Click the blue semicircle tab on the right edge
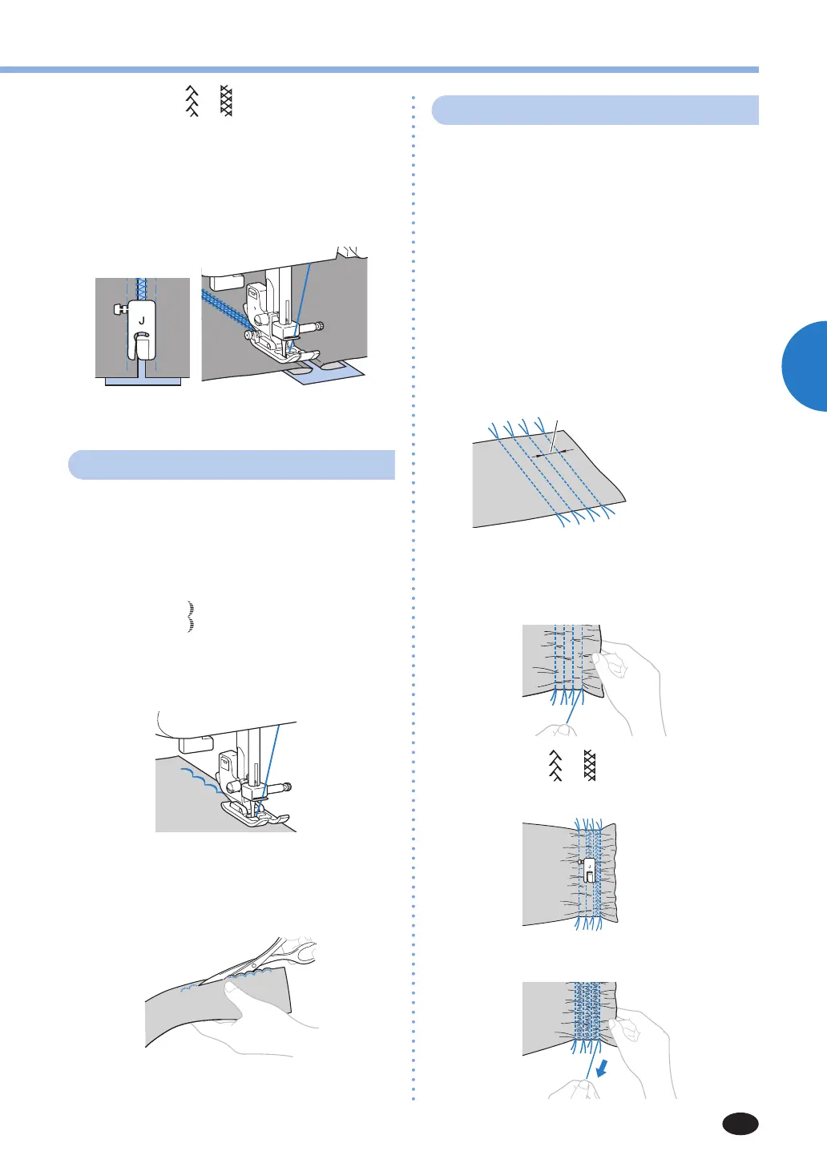tap(805, 366)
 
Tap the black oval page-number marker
tap(740, 1124)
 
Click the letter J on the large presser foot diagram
tap(142, 320)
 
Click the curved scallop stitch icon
tap(191, 616)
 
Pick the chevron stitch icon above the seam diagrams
tap(192, 101)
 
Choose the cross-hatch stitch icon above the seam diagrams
tap(226, 101)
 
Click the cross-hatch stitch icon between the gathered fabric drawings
tap(590, 767)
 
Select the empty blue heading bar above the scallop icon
tap(232, 465)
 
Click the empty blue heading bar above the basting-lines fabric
tap(595, 110)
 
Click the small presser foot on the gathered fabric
tap(588, 868)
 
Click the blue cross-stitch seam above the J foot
tap(142, 288)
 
